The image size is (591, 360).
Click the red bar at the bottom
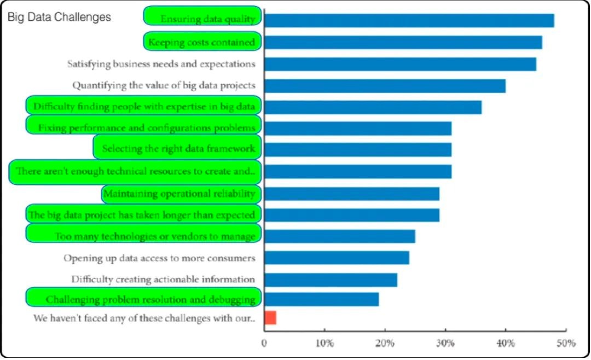(x=270, y=317)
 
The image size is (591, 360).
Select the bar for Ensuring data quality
(x=409, y=20)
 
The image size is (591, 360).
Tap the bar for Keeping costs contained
(x=403, y=42)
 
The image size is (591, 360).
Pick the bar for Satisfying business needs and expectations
(x=400, y=64)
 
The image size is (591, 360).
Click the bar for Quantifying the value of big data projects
(x=385, y=86)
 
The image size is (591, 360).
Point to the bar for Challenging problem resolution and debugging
(x=321, y=299)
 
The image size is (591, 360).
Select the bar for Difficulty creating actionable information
(x=331, y=280)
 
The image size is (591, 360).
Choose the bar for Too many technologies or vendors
(x=339, y=236)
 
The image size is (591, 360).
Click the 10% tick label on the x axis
(x=325, y=344)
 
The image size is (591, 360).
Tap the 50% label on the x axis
(x=566, y=344)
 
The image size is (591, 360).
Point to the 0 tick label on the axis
(x=264, y=344)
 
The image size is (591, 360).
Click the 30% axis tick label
(x=445, y=344)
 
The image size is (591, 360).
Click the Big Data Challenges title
(x=59, y=17)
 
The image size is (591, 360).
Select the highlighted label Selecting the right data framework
(x=177, y=148)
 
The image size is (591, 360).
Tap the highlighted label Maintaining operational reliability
(x=181, y=194)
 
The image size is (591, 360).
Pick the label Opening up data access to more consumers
(x=159, y=258)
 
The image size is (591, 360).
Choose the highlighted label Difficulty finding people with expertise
(x=144, y=106)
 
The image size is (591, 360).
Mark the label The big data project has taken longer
(x=143, y=214)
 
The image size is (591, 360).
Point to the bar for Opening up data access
(x=337, y=258)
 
